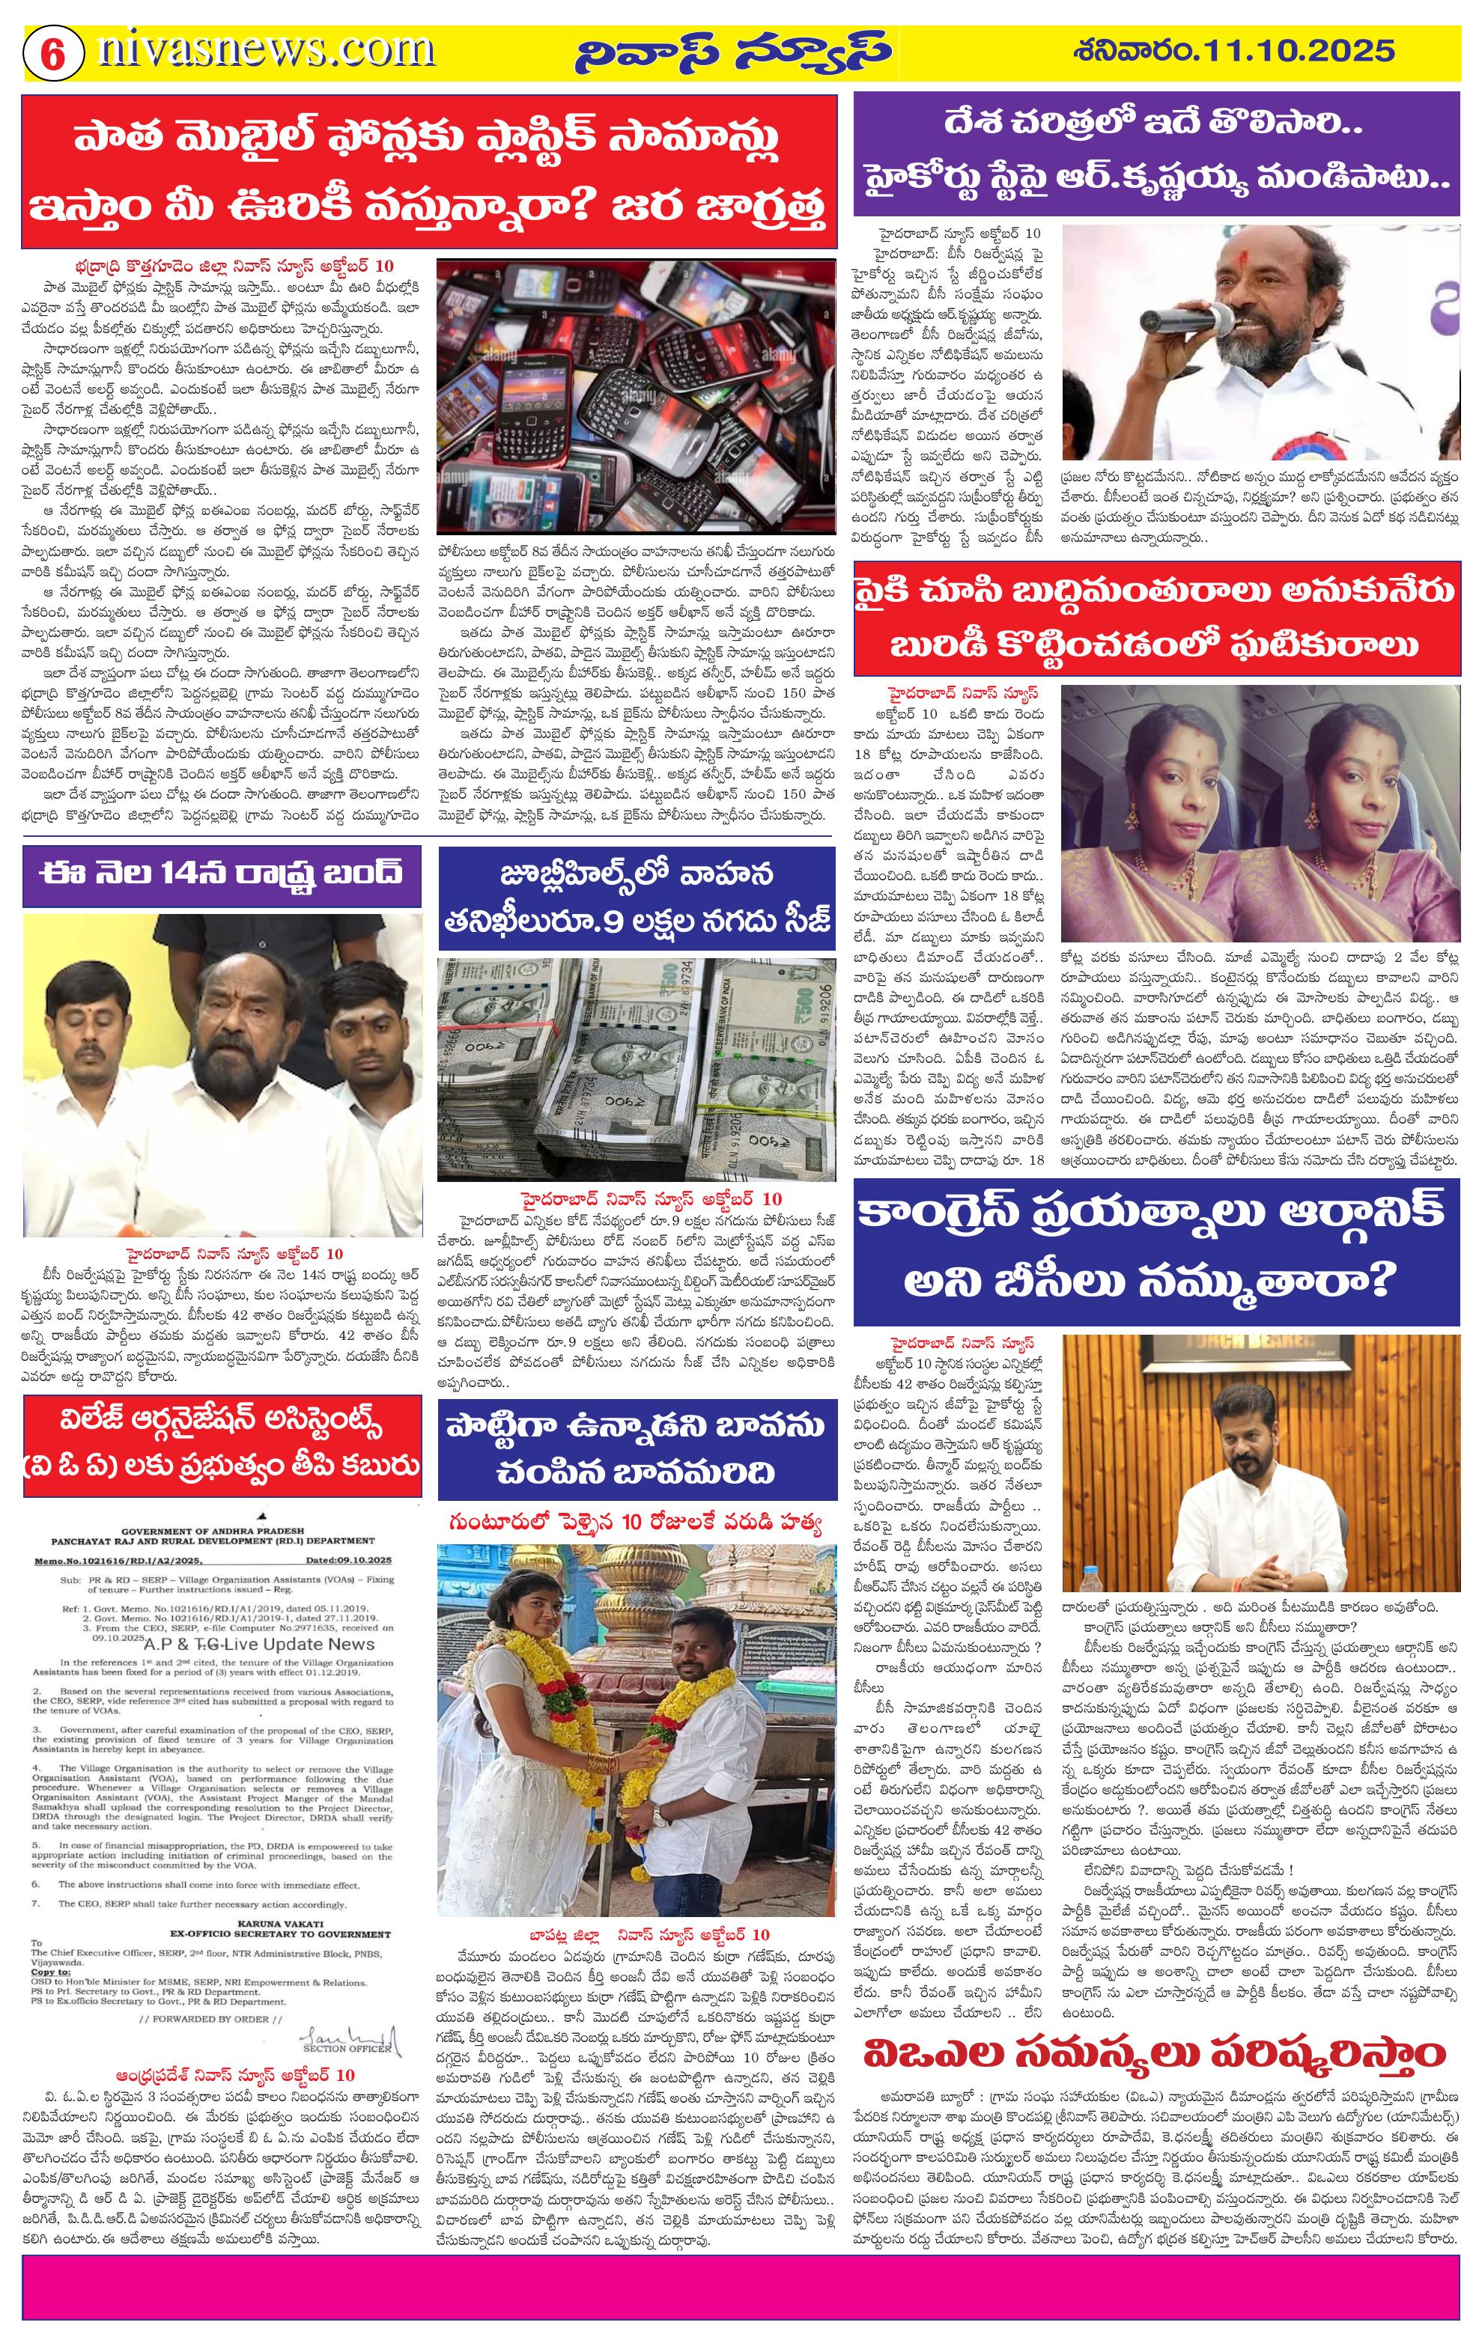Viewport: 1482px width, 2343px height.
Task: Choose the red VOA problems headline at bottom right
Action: pyautogui.click(x=1154, y=2080)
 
